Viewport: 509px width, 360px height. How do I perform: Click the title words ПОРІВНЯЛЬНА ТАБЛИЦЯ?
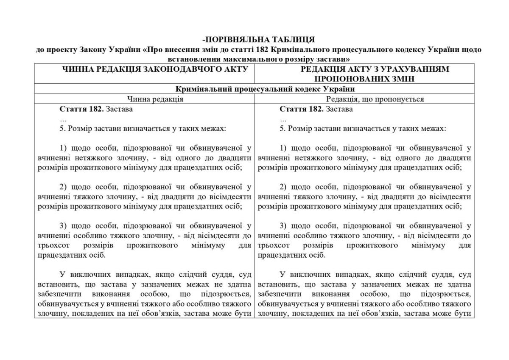256,40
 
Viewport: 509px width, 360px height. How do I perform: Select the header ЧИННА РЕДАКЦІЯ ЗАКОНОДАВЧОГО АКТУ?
144,69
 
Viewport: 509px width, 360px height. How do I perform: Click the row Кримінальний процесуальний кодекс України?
254,89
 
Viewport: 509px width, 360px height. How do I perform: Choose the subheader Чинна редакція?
155,99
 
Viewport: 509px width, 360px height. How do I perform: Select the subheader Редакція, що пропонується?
375,99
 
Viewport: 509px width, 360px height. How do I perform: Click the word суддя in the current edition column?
218,275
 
